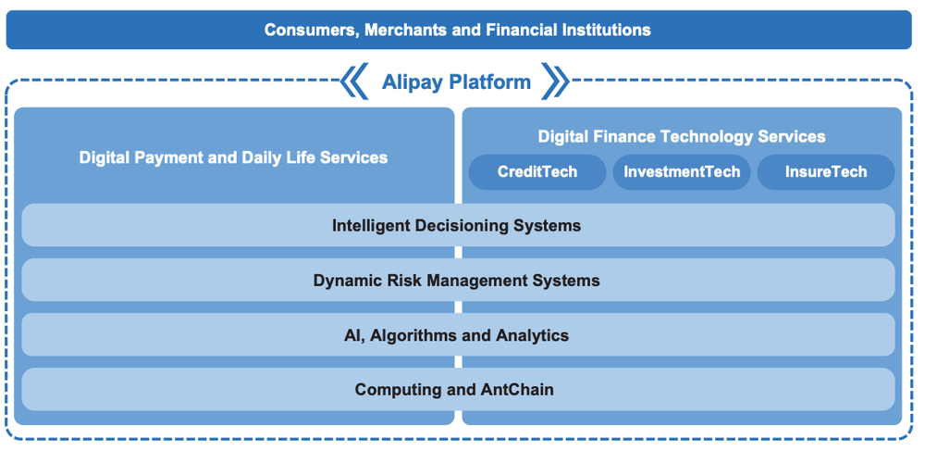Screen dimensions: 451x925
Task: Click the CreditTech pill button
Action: (536, 172)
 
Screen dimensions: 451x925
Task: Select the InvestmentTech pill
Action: (682, 172)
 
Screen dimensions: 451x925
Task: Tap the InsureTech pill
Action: (826, 172)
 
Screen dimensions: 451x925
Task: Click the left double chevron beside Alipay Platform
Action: (354, 81)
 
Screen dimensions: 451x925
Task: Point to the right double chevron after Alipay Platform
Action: (555, 81)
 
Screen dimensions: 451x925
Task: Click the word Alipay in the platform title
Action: (413, 81)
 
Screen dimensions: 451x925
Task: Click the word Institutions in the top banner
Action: (606, 30)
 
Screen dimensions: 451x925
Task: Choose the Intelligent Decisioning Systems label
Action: (457, 225)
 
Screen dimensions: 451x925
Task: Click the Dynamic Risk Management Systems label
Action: (457, 280)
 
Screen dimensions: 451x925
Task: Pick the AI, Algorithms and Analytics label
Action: (457, 334)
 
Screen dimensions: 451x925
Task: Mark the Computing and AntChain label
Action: (454, 389)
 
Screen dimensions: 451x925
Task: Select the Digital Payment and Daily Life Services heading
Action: (233, 157)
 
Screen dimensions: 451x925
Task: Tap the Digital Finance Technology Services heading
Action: (682, 137)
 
